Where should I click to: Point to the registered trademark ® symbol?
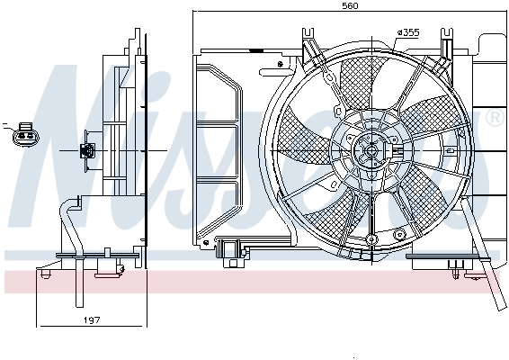494,118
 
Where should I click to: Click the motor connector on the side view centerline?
88,150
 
